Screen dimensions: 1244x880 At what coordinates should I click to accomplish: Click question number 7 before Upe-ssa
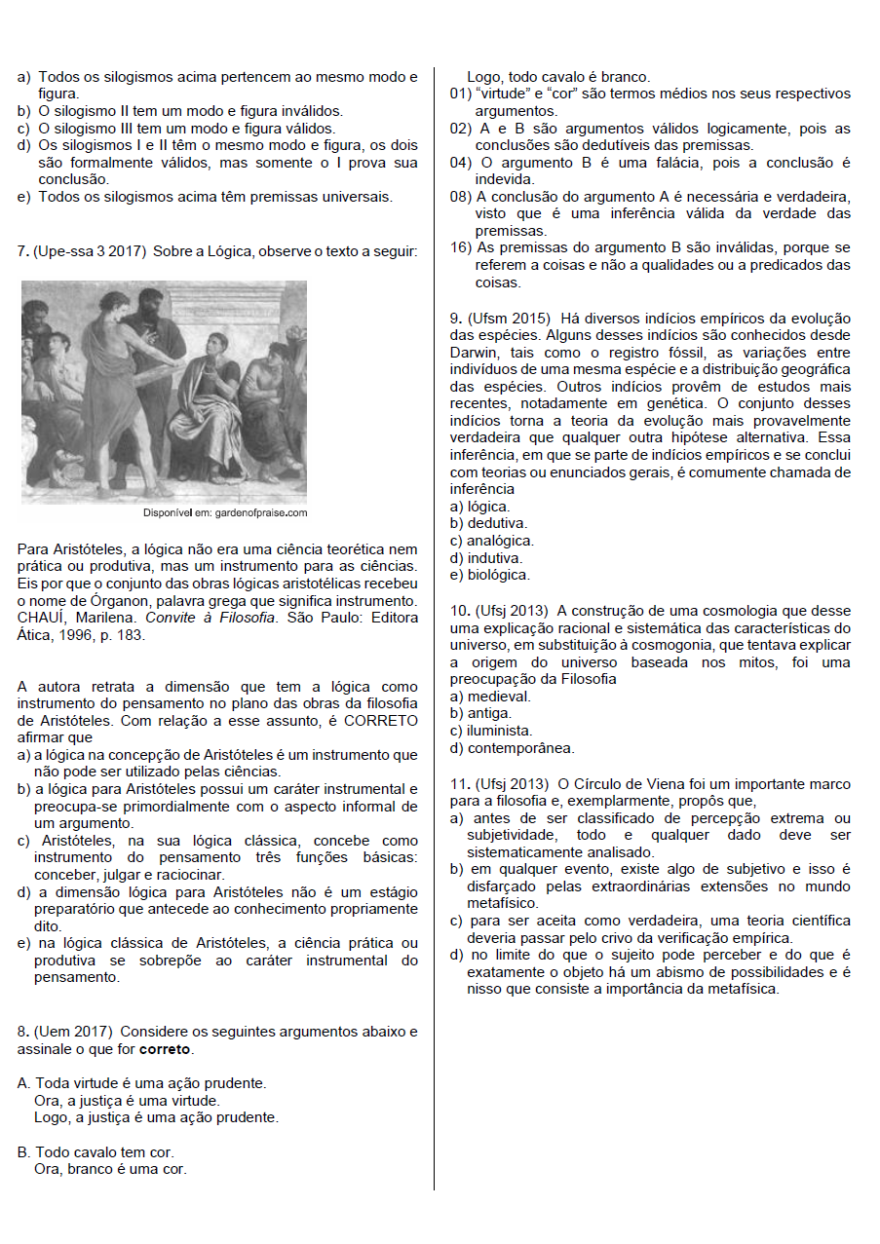click(22, 251)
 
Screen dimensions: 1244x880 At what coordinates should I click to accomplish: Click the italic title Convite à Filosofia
click(210, 618)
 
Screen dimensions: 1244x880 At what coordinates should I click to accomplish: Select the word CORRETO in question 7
click(381, 721)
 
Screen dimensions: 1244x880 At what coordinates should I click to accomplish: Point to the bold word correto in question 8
click(165, 1049)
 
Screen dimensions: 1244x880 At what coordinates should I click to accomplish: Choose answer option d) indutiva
click(486, 558)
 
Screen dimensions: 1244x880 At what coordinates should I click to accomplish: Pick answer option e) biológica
click(489, 575)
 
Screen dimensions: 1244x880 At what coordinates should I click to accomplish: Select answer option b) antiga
click(480, 713)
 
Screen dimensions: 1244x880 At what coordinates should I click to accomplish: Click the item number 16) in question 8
click(460, 247)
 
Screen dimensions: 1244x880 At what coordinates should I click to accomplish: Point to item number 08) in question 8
click(460, 196)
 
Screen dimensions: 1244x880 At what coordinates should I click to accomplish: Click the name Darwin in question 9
click(474, 353)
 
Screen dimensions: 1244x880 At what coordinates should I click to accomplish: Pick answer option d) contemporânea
click(512, 748)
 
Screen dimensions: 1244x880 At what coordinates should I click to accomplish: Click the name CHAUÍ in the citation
click(42, 618)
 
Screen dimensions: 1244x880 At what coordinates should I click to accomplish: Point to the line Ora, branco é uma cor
click(110, 1169)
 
